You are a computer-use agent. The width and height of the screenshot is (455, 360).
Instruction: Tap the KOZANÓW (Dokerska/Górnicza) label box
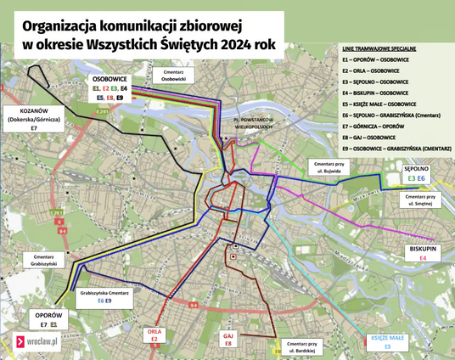(34, 118)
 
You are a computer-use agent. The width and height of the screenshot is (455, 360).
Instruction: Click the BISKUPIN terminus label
(422, 250)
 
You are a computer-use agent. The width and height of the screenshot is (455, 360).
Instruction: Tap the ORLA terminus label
(154, 334)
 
